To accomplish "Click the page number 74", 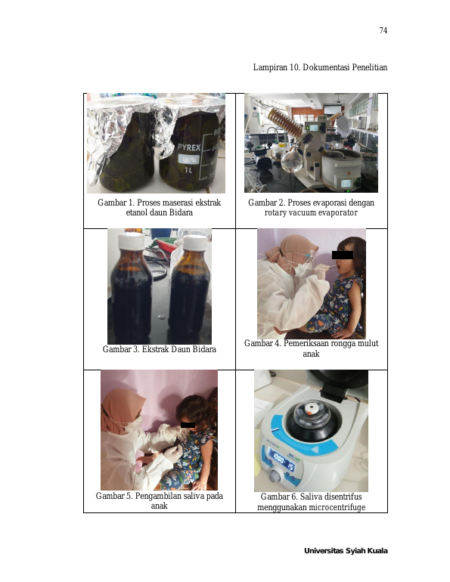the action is pos(383,30).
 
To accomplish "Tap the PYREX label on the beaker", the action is pos(189,147).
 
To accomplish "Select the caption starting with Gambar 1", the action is pos(160,208).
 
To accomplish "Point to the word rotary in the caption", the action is pos(276,212).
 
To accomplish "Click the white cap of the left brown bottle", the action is pos(131,241).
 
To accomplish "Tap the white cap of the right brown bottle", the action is pos(195,243).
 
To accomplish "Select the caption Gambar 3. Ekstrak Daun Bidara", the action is pos(160,349).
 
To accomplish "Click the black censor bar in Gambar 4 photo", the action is pos(343,255).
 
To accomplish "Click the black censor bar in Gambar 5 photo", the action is pos(188,425).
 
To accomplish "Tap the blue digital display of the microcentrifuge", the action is pos(282,461).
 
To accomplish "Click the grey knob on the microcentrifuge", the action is pos(276,475).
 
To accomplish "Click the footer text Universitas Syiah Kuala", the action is pos(346,551).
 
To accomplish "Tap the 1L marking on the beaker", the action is pos(188,170).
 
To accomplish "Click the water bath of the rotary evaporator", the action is pos(343,169).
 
